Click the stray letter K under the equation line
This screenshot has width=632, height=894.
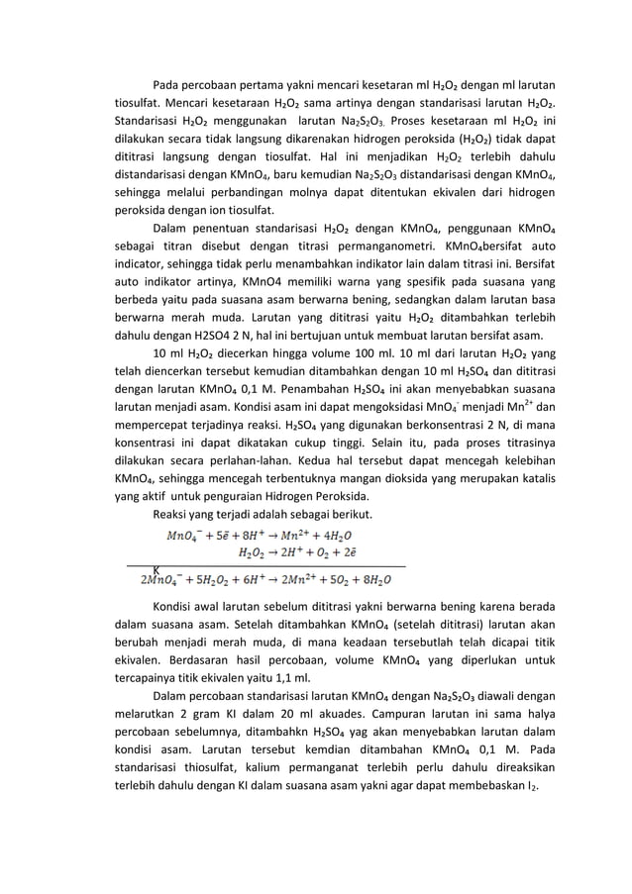pos(157,570)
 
